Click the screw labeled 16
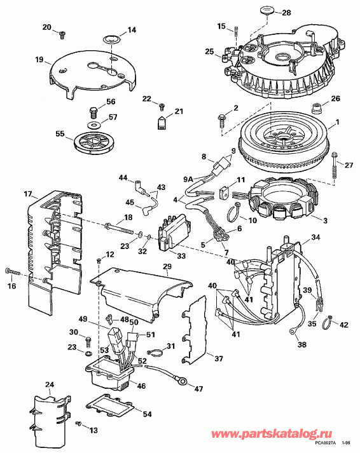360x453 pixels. click(14, 271)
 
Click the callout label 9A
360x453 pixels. click(189, 179)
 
